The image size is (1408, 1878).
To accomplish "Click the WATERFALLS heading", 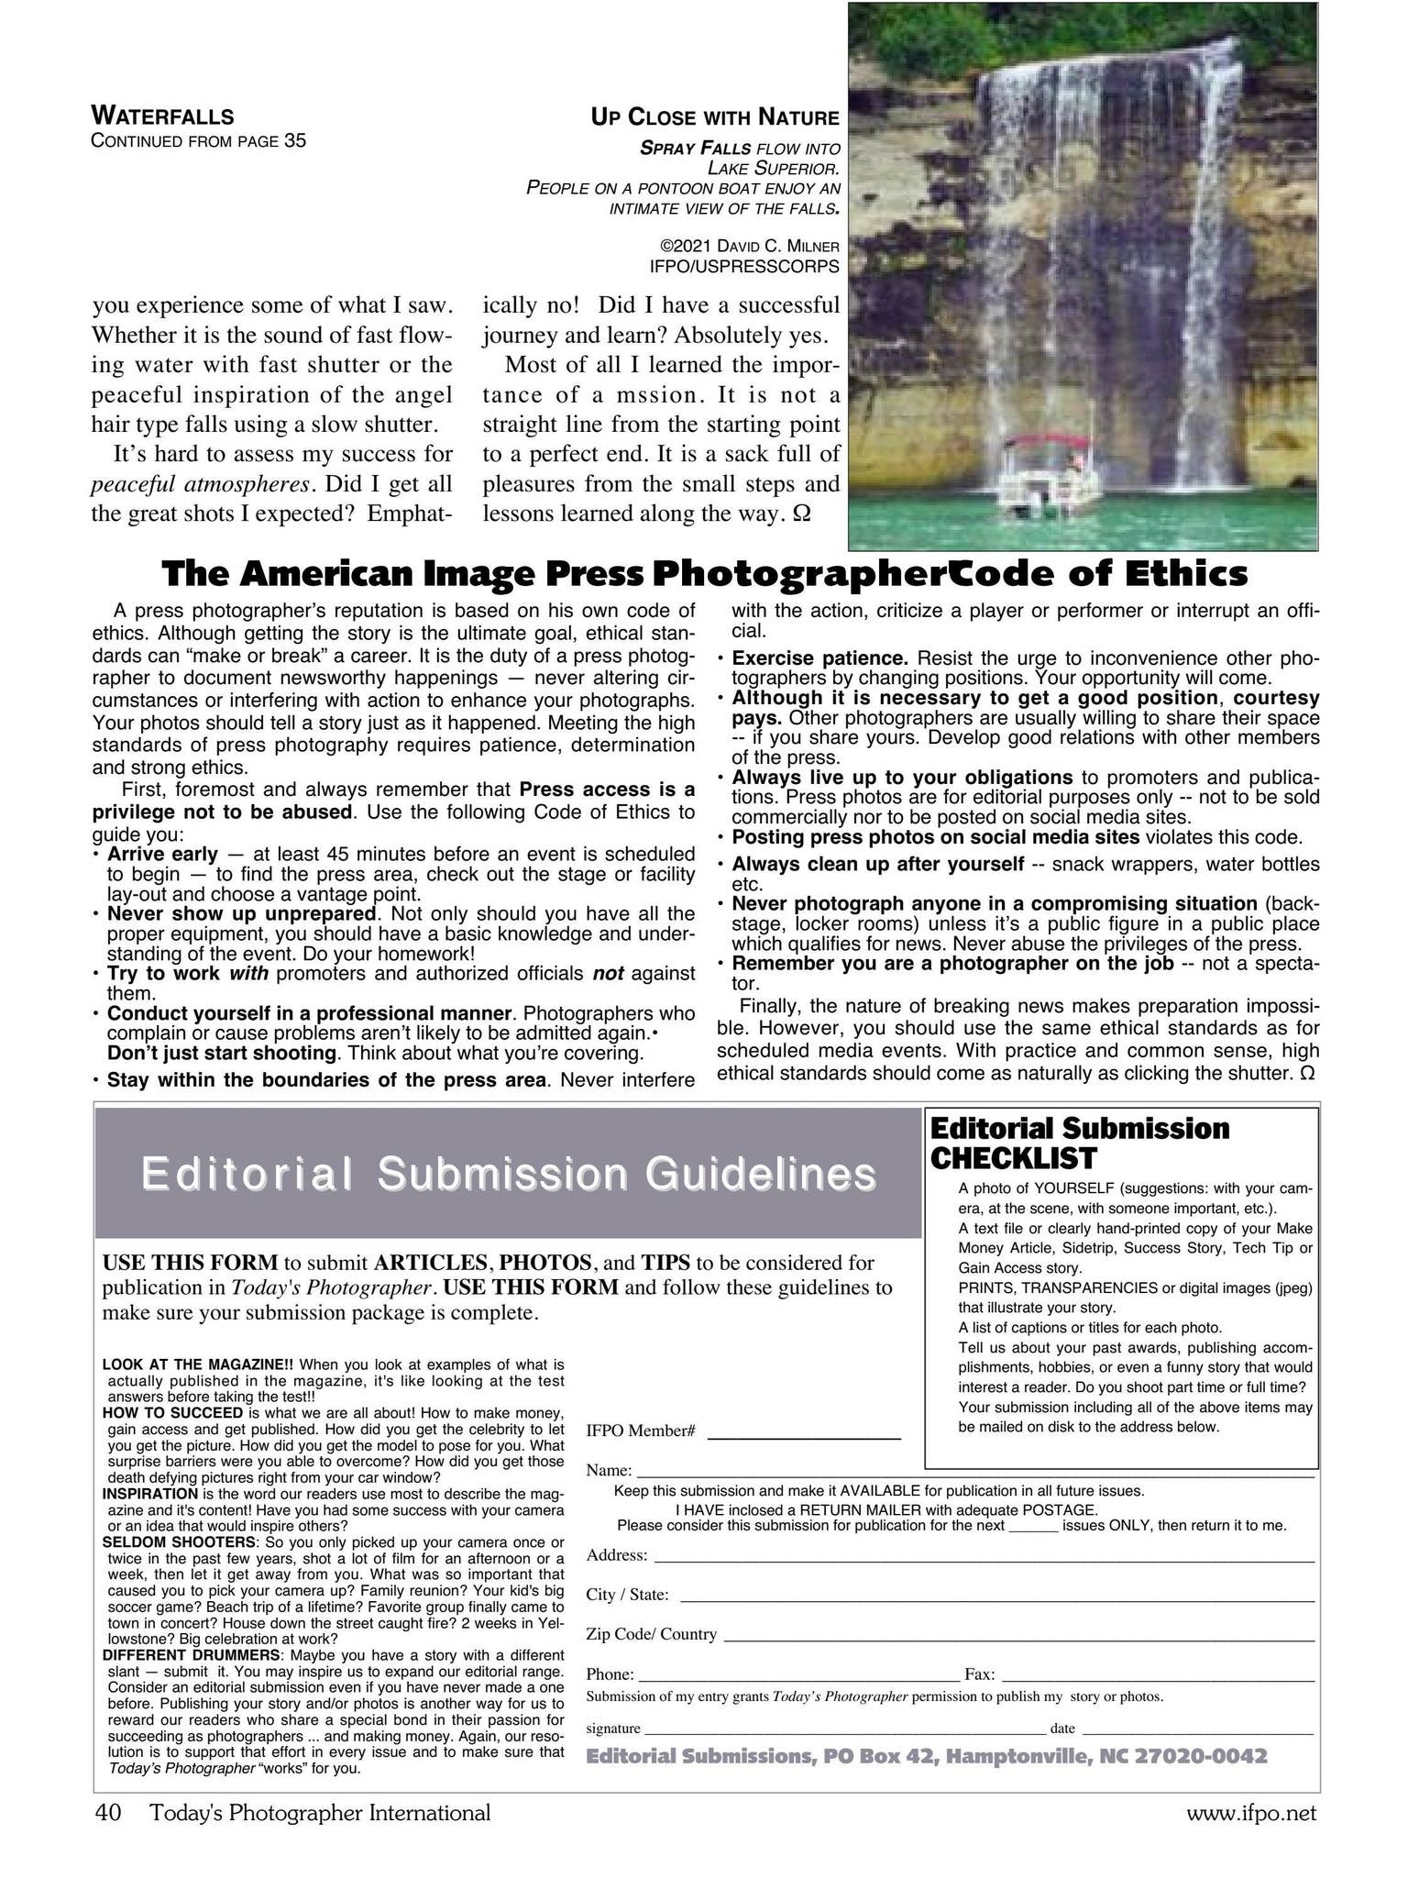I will pyautogui.click(x=162, y=116).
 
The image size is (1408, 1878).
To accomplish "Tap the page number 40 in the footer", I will pyautogui.click(x=108, y=1813).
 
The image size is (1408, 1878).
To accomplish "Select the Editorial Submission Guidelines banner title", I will pyautogui.click(x=508, y=1174).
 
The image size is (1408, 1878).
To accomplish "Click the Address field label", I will pyautogui.click(x=617, y=1555).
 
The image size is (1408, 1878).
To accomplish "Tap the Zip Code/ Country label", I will pyautogui.click(x=651, y=1634).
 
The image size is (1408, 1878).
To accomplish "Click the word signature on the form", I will pyautogui.click(x=612, y=1729).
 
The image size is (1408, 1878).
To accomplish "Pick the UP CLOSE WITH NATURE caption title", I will pyautogui.click(x=714, y=117).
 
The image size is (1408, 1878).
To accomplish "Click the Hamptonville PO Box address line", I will pyautogui.click(x=926, y=1756).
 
